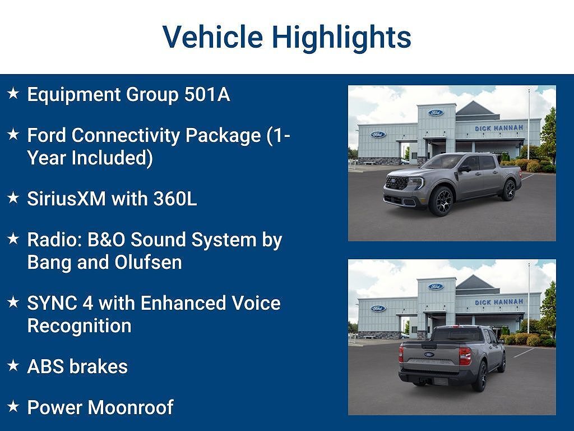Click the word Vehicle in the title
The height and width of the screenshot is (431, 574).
coord(212,36)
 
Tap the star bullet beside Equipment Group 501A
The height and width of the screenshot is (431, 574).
coord(13,93)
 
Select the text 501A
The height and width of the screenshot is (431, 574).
coord(207,94)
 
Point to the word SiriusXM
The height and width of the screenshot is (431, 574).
coord(67,199)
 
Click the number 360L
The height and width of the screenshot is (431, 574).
coord(175,199)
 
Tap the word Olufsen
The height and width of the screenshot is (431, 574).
coord(148,263)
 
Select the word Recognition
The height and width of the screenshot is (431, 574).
coord(80,326)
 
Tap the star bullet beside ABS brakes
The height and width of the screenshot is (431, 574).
coord(13,365)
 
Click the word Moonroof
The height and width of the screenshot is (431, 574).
coord(131,407)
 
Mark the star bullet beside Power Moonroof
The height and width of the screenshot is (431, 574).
coord(13,406)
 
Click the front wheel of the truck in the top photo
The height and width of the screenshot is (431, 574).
coord(442,201)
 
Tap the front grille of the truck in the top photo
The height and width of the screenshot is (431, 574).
coord(397,182)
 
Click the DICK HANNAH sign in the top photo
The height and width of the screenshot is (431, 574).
coord(498,129)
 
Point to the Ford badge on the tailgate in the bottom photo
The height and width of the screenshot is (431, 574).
coord(429,355)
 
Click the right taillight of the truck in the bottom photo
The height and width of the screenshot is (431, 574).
coord(465,356)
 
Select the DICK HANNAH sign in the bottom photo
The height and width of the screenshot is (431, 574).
coord(498,302)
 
